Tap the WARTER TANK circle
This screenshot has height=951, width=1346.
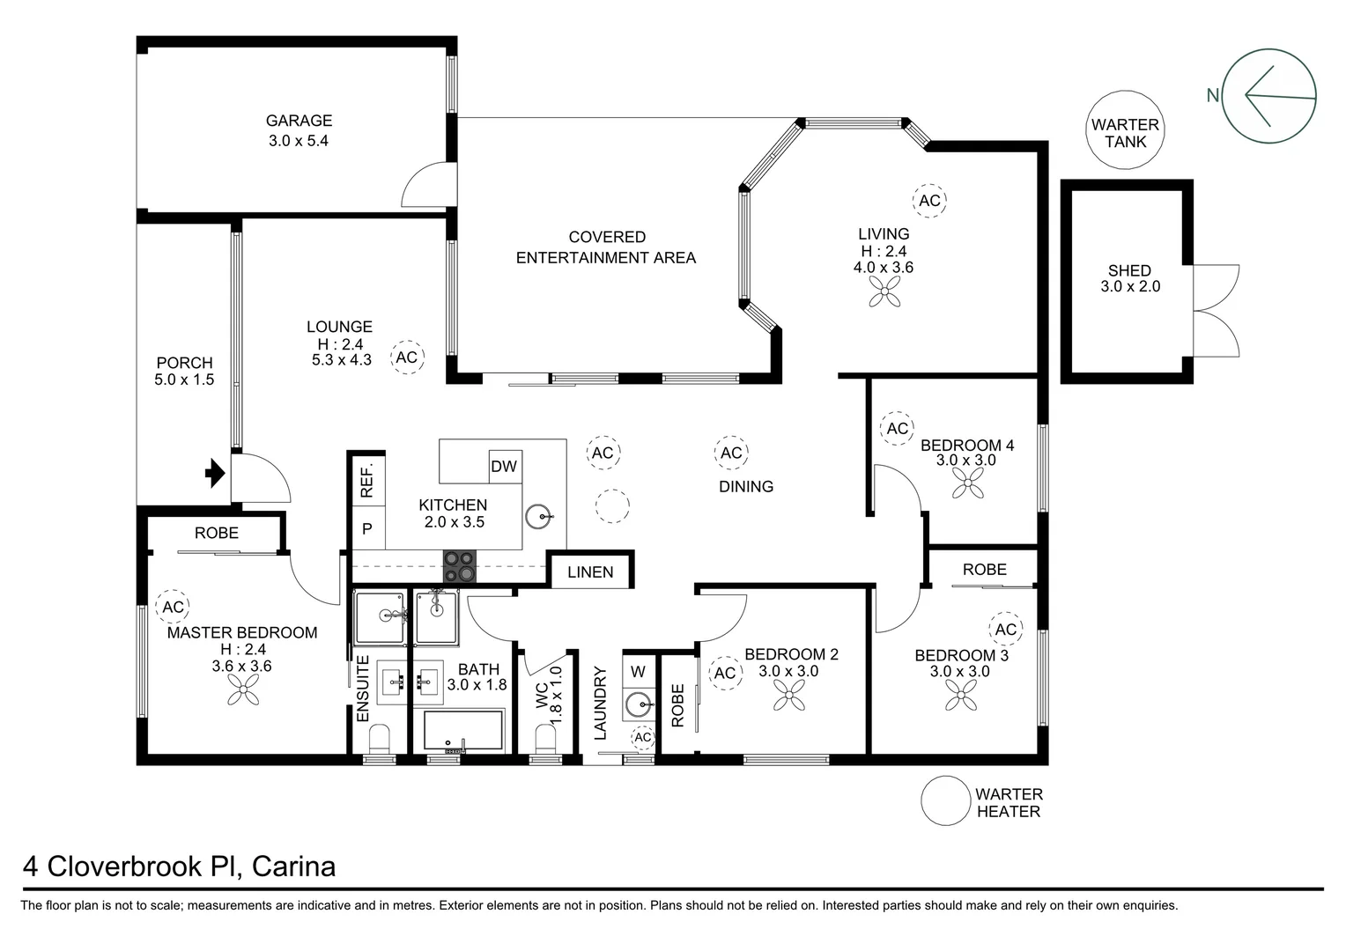(x=1125, y=133)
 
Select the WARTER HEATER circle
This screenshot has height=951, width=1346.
(x=945, y=800)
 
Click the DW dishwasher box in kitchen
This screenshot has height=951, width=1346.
(x=504, y=467)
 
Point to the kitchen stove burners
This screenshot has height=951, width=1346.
(x=459, y=566)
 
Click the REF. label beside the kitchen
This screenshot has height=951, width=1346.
(x=367, y=479)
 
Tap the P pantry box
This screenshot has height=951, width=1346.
(x=367, y=529)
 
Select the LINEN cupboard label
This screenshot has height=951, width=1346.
(x=590, y=572)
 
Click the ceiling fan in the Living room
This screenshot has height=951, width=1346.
(x=884, y=291)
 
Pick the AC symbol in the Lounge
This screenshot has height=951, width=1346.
(x=406, y=358)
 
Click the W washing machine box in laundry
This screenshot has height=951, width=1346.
(x=639, y=672)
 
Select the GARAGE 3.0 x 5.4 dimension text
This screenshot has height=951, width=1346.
(x=299, y=141)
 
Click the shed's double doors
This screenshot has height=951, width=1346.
(x=1216, y=311)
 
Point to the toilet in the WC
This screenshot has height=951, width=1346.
(x=546, y=740)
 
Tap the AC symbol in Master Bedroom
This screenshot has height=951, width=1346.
(x=173, y=608)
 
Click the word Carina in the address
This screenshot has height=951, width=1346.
(x=293, y=866)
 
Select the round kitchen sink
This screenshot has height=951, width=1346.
(x=538, y=517)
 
